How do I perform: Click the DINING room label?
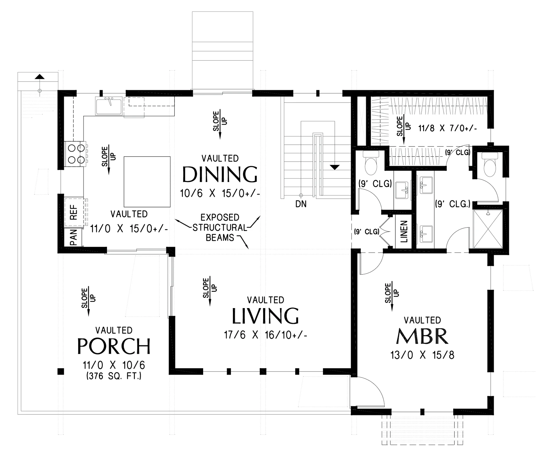[x=220, y=174]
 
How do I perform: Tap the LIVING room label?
[x=265, y=316]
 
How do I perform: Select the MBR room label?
[x=422, y=336]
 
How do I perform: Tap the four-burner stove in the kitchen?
[x=76, y=154]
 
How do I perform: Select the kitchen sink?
[x=109, y=106]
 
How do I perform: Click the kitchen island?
[x=147, y=182]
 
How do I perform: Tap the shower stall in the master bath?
[x=488, y=229]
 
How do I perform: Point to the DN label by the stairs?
[x=301, y=204]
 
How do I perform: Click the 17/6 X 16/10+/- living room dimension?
[x=265, y=335]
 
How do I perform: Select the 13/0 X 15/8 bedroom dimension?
[x=422, y=355]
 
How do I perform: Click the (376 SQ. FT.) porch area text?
[x=114, y=376]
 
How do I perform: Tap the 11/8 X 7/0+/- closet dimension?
[x=448, y=129]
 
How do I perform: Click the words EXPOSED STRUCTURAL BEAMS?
[x=220, y=227]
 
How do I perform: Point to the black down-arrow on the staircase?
[x=334, y=167]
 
